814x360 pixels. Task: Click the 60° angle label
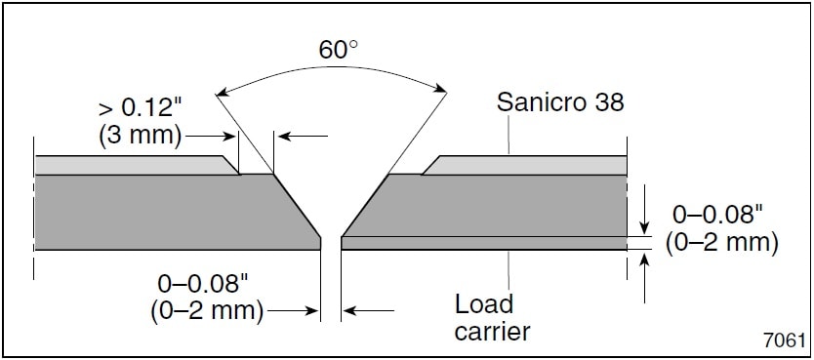pyautogui.click(x=338, y=49)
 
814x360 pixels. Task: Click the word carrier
pyautogui.click(x=493, y=332)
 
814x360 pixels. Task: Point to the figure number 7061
pyautogui.click(x=786, y=340)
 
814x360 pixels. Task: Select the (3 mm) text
pyautogui.click(x=141, y=135)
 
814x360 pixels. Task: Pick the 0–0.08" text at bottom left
pyautogui.click(x=203, y=285)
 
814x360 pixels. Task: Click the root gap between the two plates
pyautogui.click(x=331, y=242)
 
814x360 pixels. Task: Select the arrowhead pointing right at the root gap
pyautogui.click(x=314, y=312)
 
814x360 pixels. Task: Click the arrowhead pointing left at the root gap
pyautogui.click(x=348, y=312)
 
